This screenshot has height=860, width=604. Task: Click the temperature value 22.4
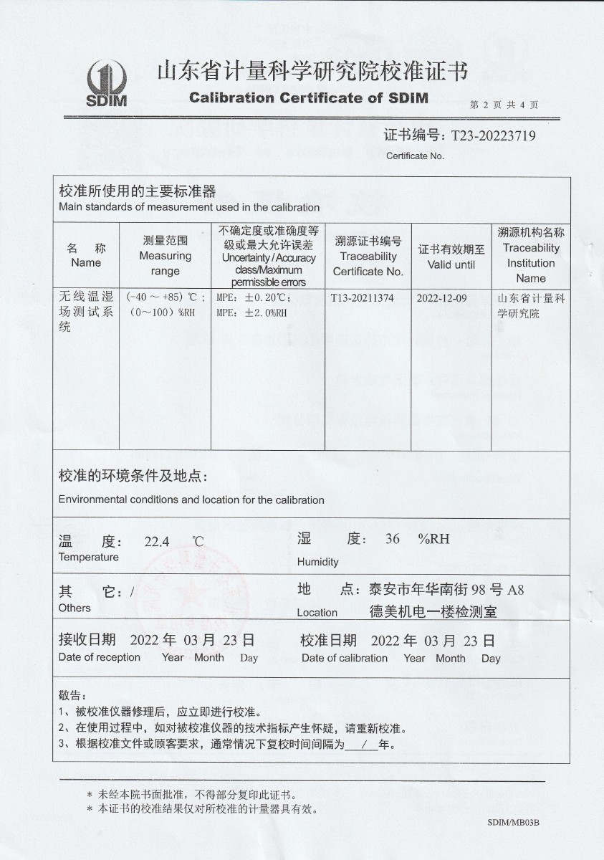pos(157,542)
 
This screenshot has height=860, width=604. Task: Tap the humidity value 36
pos(392,539)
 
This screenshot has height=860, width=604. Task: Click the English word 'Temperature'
pos(89,558)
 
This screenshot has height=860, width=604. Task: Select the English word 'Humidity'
pos(317,562)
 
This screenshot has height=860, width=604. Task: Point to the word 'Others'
pos(75,608)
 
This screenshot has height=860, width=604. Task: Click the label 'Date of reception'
pos(100,657)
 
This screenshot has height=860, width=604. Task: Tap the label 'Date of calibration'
pos(345,658)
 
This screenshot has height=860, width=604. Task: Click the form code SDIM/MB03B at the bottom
pos(512,822)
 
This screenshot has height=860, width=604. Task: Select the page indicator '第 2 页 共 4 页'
pos(504,105)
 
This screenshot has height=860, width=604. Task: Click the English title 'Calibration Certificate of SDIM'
pos(309,98)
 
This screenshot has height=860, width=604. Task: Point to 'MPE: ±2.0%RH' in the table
pos(251,313)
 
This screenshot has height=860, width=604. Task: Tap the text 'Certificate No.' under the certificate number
pos(416,156)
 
